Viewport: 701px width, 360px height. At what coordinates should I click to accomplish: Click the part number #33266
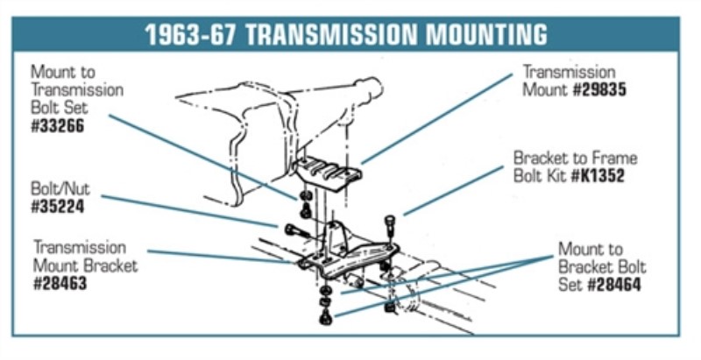(57, 126)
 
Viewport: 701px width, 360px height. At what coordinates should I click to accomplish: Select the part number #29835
(599, 90)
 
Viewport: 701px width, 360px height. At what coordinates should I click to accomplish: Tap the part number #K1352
(598, 175)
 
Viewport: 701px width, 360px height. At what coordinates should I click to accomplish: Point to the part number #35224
(57, 207)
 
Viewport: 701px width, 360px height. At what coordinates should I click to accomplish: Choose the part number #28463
(60, 284)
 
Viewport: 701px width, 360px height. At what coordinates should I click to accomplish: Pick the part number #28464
(613, 285)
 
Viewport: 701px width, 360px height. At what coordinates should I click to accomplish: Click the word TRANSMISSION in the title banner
(332, 34)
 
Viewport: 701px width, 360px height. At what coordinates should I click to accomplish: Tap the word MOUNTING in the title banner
(486, 34)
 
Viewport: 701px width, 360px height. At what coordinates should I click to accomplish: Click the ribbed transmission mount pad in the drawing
(327, 173)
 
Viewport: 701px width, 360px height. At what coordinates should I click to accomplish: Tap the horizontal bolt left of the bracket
(297, 232)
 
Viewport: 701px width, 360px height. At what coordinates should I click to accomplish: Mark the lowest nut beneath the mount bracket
(325, 318)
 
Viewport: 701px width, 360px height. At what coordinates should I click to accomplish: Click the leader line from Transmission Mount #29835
(435, 119)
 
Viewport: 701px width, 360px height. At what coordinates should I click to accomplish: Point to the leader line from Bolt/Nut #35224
(189, 211)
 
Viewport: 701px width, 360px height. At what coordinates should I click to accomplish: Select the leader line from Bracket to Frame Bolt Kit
(453, 191)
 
